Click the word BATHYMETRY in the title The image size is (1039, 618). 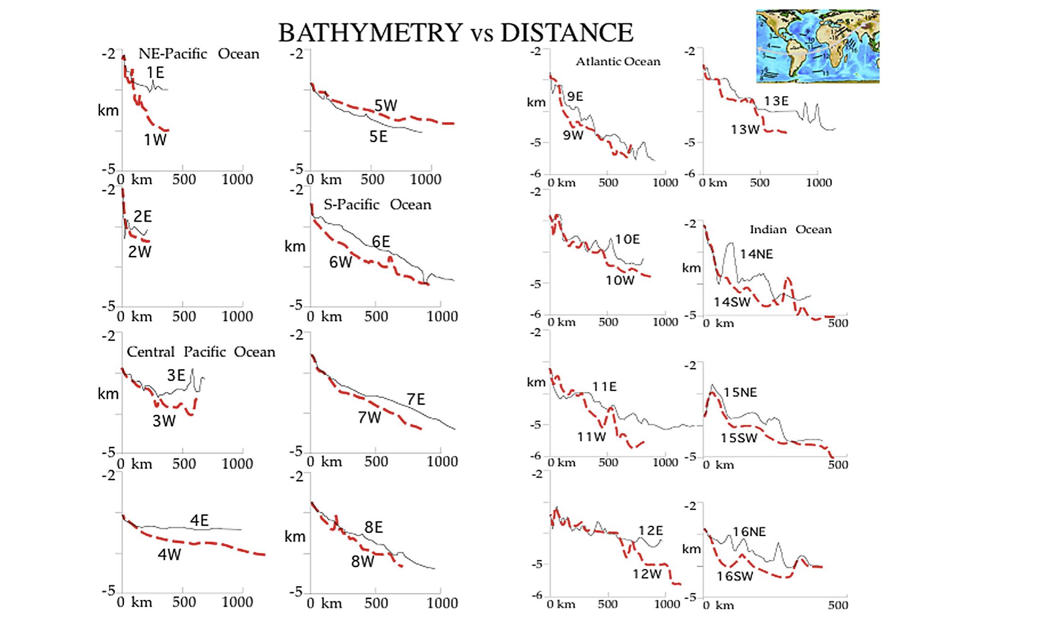coord(370,33)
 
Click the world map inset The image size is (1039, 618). coord(818,46)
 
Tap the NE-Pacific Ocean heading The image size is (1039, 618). coord(199,54)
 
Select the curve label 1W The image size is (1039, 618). coord(155,140)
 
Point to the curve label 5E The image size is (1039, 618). coord(378,137)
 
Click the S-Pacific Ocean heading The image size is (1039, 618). coord(377,205)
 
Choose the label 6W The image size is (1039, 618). coord(341,262)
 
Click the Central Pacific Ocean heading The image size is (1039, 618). coord(201,352)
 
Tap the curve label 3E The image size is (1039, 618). coord(176,375)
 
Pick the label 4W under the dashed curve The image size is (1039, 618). coord(169,554)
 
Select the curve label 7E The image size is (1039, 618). coord(416,399)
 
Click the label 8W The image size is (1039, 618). coord(363,562)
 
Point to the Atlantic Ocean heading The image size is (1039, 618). coord(618,61)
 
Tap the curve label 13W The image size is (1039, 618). coord(745,129)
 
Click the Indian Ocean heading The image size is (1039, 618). coord(790,229)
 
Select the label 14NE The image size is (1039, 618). coord(756,254)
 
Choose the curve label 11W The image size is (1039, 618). coord(591,437)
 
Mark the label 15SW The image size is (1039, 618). coord(739,438)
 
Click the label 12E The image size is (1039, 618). coord(650,530)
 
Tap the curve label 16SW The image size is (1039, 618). coord(735,576)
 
